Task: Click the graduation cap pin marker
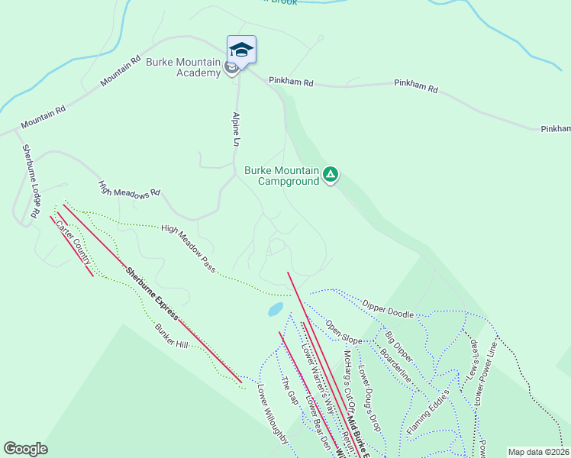point(241,50)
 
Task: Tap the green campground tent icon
point(331,175)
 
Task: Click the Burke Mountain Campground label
point(282,176)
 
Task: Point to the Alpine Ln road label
point(237,130)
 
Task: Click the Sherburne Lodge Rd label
point(30,182)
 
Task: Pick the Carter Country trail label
point(74,240)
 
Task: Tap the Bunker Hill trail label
point(171,336)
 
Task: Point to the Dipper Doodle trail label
point(388,308)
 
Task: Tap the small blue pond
point(275,309)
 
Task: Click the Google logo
point(25,449)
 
